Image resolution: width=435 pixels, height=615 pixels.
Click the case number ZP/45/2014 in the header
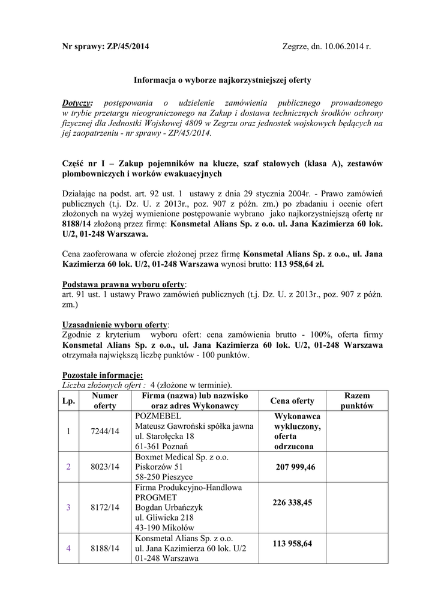point(127,47)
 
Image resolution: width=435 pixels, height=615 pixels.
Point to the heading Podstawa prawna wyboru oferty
point(124,283)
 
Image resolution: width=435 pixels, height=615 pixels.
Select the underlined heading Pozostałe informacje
point(103,375)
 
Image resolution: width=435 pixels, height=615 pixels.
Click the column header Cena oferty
point(292,401)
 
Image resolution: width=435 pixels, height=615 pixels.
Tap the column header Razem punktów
point(357,401)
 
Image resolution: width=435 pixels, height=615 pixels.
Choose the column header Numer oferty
point(105,401)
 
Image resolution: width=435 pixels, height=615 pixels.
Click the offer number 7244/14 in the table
point(105,431)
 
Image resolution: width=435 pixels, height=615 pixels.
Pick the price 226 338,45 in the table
point(292,502)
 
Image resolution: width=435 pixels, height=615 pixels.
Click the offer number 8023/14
point(105,467)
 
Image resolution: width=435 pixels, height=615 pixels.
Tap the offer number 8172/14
point(105,507)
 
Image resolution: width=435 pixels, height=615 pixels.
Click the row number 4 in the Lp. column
point(68,548)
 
